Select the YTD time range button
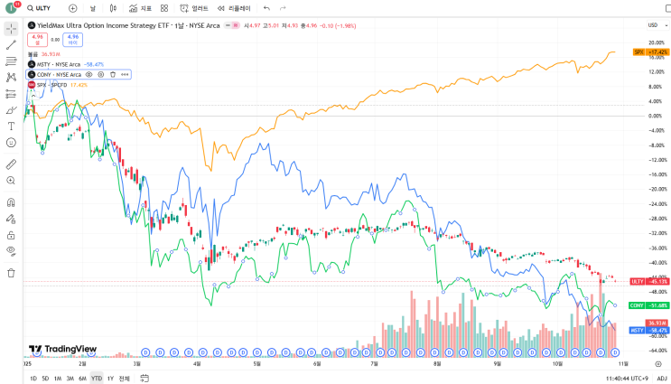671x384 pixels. click(x=97, y=378)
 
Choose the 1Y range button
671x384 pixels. click(x=110, y=378)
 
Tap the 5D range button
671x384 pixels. click(x=45, y=378)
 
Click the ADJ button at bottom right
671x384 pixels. click(x=662, y=378)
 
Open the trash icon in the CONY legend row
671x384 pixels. click(x=112, y=74)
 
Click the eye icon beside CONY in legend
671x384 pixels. click(x=89, y=74)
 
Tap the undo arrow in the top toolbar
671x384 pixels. click(x=266, y=8)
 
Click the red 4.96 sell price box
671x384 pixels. click(x=38, y=38)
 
